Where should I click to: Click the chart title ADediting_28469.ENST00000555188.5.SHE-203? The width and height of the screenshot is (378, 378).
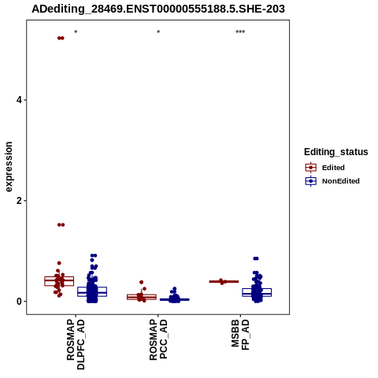pos(158,9)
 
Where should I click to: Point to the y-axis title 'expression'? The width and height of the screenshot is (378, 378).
pos(9,167)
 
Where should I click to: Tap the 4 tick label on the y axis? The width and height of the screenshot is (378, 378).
pos(19,100)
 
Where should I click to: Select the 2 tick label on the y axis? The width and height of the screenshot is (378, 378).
pos(19,201)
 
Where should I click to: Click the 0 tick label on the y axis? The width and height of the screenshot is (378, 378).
pos(19,302)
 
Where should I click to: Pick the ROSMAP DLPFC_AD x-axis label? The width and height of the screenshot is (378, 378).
pos(76,344)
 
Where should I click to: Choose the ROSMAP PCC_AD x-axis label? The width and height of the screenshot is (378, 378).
pos(158,339)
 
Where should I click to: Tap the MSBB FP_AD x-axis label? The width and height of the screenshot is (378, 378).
pos(240,335)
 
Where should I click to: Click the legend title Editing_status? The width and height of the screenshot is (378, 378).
pos(336,152)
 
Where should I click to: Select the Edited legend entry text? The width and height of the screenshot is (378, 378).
pos(333,168)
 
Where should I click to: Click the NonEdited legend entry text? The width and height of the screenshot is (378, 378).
pos(341,181)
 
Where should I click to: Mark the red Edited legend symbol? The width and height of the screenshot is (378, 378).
pos(311,168)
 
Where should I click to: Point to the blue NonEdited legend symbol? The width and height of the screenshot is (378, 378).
pos(311,181)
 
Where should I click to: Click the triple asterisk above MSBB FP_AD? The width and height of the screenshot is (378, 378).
pos(240,32)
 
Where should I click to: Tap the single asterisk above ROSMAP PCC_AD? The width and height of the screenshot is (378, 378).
pos(158,32)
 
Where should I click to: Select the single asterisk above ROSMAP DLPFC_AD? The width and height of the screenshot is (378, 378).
pos(76,32)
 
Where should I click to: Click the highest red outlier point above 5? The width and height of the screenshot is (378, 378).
pos(61,38)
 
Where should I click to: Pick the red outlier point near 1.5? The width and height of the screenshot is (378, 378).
pos(61,224)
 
